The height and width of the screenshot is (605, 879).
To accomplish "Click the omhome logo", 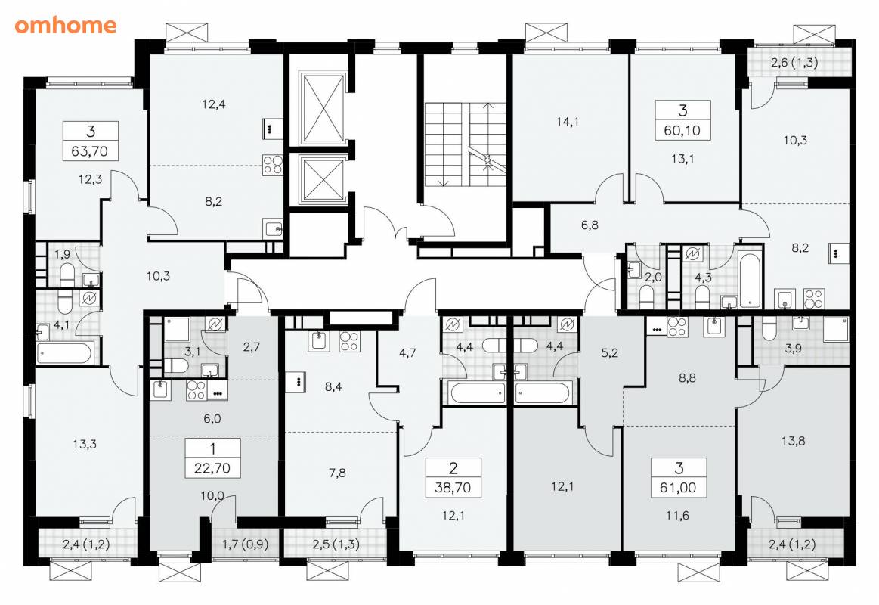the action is click(x=66, y=25).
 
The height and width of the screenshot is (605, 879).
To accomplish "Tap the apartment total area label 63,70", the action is click(x=90, y=150).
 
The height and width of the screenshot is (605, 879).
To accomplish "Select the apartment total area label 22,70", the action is click(x=212, y=467).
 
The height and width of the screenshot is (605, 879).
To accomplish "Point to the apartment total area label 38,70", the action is click(x=453, y=487).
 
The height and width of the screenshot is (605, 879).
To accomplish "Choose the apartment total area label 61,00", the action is click(x=678, y=487).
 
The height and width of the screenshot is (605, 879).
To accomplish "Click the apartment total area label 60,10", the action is click(x=682, y=131).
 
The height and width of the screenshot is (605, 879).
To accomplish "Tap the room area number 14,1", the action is click(x=568, y=122).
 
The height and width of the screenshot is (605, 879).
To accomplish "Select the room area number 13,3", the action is click(x=85, y=445).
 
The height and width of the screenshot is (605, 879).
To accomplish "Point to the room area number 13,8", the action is click(x=794, y=442).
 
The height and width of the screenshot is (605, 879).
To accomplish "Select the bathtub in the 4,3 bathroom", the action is click(x=751, y=281).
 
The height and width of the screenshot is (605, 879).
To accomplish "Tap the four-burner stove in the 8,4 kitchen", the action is click(x=349, y=342).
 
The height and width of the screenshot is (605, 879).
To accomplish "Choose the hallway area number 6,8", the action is click(x=590, y=225).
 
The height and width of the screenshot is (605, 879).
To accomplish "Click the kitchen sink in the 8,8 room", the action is click(x=714, y=327).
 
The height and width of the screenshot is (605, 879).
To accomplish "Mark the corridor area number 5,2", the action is click(x=609, y=353).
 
